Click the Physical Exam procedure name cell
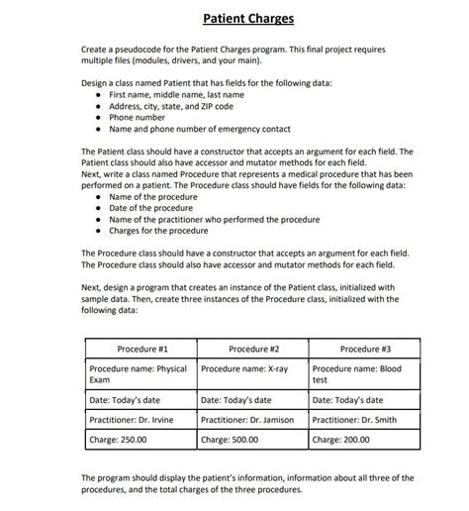(x=139, y=374)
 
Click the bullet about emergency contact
(x=199, y=129)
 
